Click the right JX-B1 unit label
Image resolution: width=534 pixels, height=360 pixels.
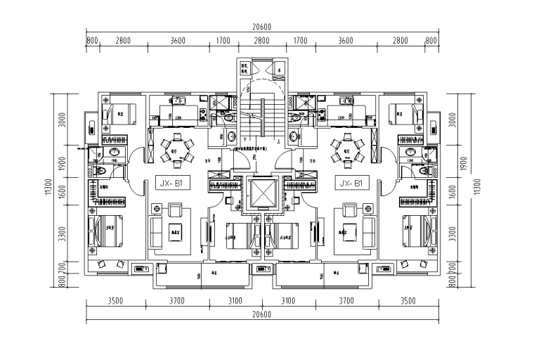click(350, 184)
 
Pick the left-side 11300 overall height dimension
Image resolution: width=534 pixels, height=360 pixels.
click(48, 186)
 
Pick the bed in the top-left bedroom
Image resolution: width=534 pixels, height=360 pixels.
click(116, 113)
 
